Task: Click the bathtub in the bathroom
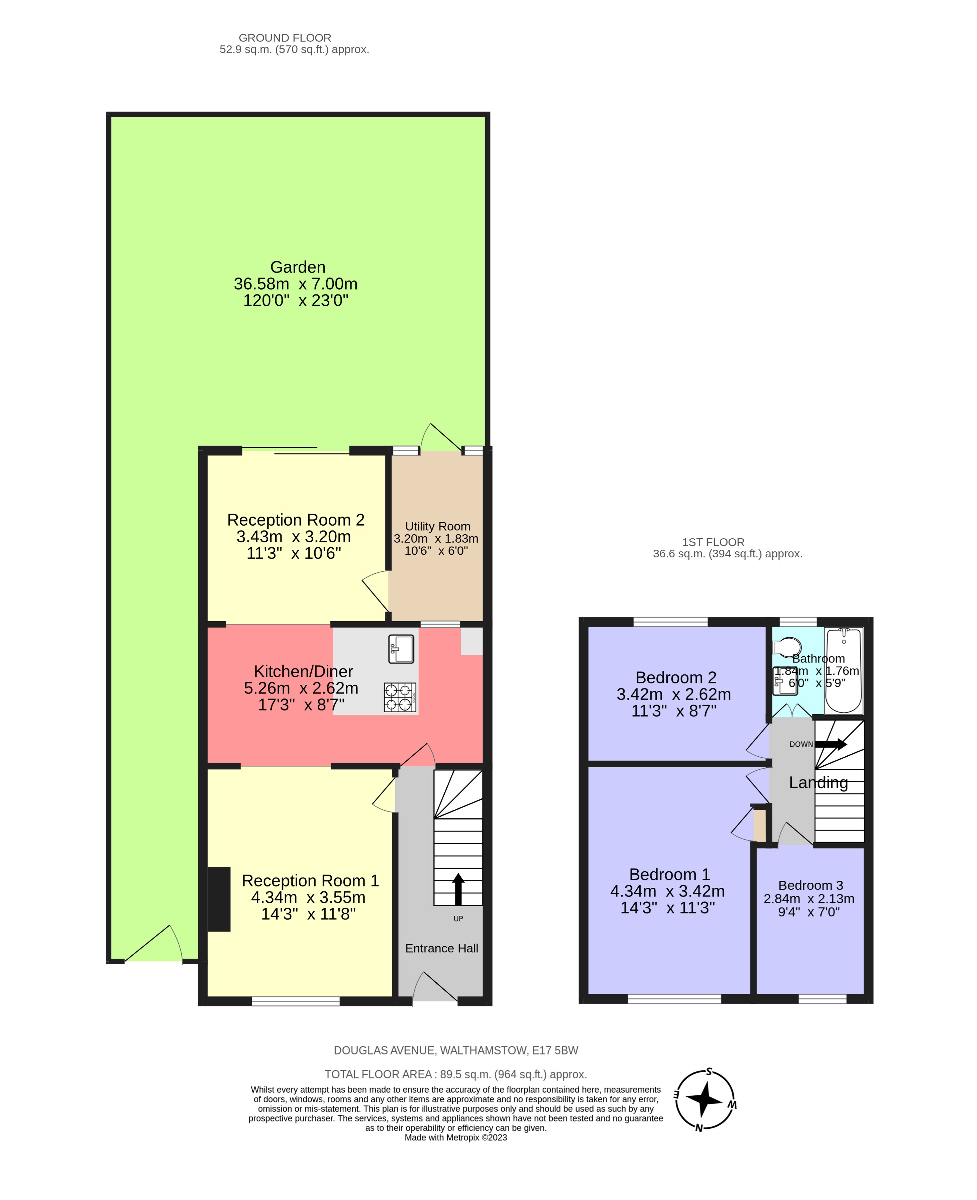[x=843, y=670]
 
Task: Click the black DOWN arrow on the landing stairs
[x=831, y=744]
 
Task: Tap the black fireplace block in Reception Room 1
[x=219, y=899]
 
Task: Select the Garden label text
[x=298, y=267]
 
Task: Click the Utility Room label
[x=437, y=526]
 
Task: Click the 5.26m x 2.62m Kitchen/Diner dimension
[x=301, y=688]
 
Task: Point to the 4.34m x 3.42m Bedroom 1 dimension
[x=667, y=891]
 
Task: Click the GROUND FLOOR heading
[x=285, y=38]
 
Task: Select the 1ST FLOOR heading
[x=713, y=542]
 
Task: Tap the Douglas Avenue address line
[x=455, y=1050]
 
